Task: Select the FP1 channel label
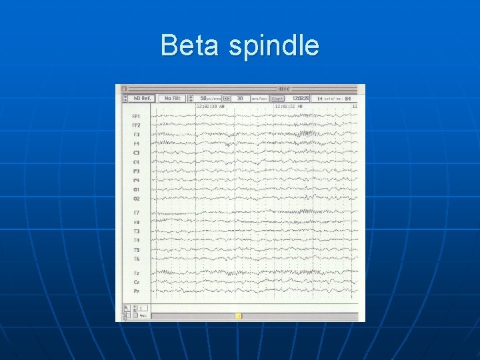point(136,116)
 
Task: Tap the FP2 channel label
point(136,125)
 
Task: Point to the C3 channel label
point(136,153)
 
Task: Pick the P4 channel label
point(136,180)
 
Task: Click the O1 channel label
point(136,189)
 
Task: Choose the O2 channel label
point(136,199)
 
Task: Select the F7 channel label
point(136,213)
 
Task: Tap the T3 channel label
point(136,231)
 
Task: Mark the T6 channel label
point(136,259)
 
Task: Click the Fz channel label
point(136,273)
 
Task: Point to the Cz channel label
point(136,282)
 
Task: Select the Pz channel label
point(136,291)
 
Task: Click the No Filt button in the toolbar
point(172,99)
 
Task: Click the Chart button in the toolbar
point(277,99)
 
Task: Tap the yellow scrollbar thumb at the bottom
point(239,316)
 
